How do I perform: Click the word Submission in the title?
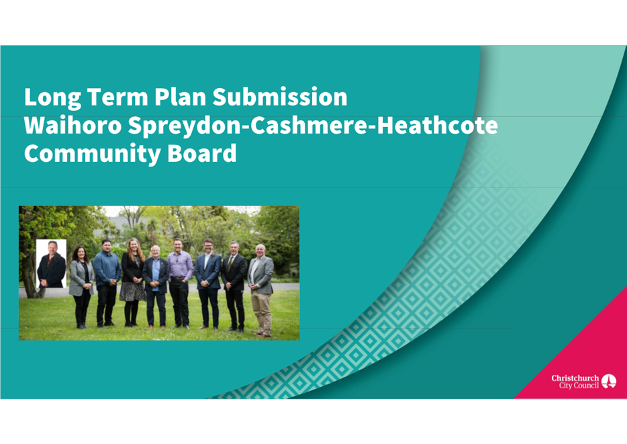tap(280, 97)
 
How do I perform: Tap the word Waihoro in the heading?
tap(73, 125)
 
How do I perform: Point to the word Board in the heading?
tap(202, 154)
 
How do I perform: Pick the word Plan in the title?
tap(179, 97)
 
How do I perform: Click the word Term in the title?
tap(117, 97)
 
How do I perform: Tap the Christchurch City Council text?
tap(575, 382)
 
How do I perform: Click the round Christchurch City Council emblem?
tap(609, 382)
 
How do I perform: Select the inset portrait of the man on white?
tap(51, 263)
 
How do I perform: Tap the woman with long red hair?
tap(133, 281)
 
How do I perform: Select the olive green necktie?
tap(230, 263)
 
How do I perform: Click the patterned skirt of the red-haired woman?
tap(133, 292)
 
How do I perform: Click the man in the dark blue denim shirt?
tap(107, 283)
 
